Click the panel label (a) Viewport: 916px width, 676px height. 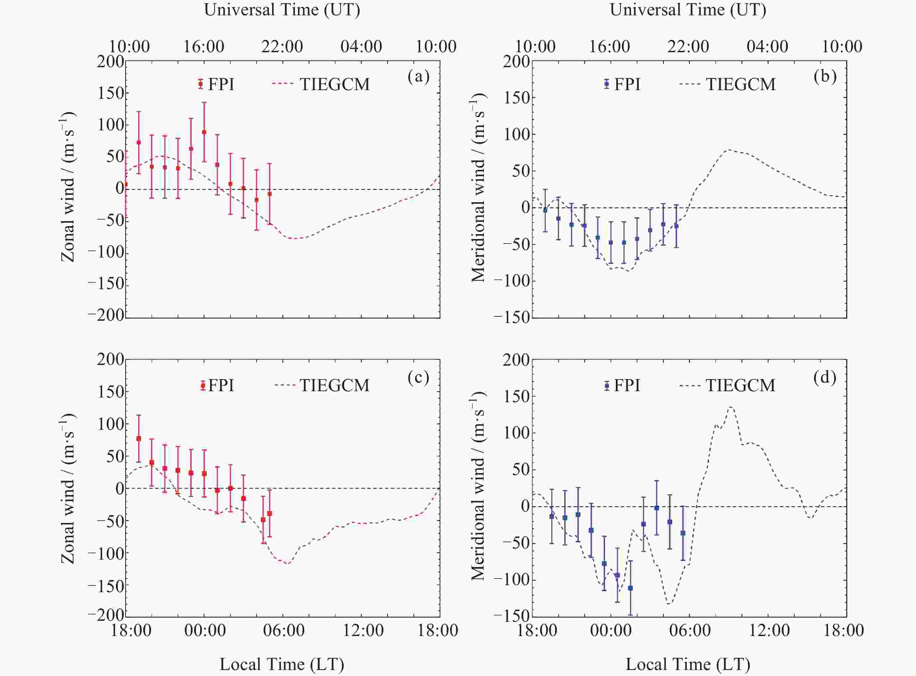pyautogui.click(x=418, y=77)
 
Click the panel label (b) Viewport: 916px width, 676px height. pyautogui.click(x=825, y=77)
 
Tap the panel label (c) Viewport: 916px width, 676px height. pyautogui.click(x=418, y=377)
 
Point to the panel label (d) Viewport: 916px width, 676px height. pyautogui.click(x=825, y=377)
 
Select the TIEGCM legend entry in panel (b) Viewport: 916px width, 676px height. pyautogui.click(x=728, y=84)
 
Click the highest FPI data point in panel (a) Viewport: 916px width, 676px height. pyautogui.click(x=204, y=132)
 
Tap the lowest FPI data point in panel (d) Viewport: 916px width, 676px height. pyautogui.click(x=630, y=588)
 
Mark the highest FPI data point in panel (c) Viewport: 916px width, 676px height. pyautogui.click(x=139, y=438)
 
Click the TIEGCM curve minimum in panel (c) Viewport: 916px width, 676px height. pyautogui.click(x=287, y=564)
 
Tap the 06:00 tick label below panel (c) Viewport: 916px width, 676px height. pyautogui.click(x=283, y=630)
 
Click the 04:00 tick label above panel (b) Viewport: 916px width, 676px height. pyautogui.click(x=767, y=46)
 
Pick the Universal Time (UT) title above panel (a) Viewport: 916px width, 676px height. pyautogui.click(x=282, y=10)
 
